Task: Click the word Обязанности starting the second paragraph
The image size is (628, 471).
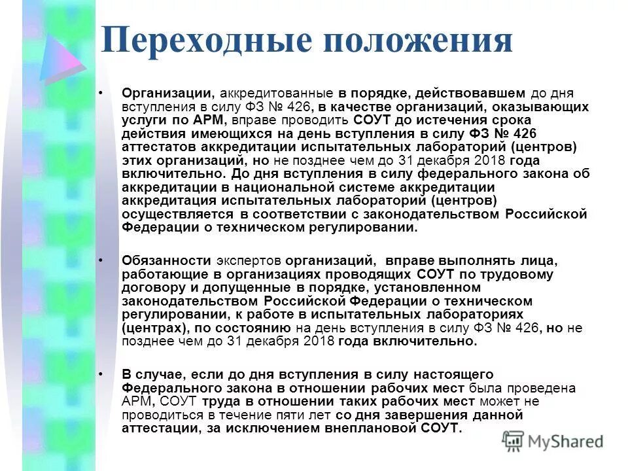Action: [x=166, y=260]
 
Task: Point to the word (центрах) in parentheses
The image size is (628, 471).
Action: [x=154, y=328]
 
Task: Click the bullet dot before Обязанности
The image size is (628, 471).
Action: [x=101, y=260]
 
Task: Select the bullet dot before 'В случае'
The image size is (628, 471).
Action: [x=101, y=375]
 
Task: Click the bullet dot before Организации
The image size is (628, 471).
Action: [x=101, y=94]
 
